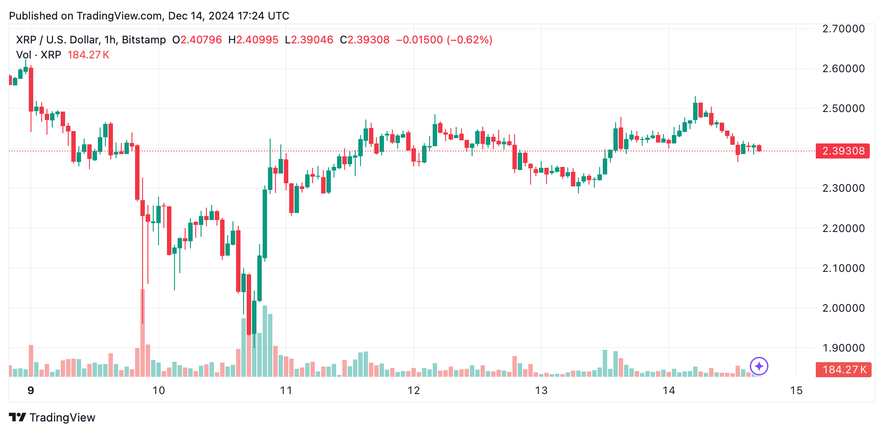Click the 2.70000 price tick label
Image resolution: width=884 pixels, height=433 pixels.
[843, 29]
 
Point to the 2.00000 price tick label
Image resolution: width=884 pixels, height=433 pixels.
[843, 308]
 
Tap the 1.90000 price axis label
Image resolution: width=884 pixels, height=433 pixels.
[843, 348]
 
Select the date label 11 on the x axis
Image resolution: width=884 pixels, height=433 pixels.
[286, 390]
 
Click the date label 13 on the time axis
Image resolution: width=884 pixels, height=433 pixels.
[541, 390]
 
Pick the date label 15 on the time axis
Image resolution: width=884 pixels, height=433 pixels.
[796, 390]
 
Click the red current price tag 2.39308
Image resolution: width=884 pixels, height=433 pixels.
[843, 151]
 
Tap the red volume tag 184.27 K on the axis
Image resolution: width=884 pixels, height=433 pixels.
[844, 370]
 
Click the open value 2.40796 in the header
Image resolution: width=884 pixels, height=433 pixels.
[201, 40]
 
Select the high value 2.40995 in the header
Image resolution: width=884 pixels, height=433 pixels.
[257, 40]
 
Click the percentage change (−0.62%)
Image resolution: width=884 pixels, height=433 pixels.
[469, 40]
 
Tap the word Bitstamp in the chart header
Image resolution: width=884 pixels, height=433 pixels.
[143, 40]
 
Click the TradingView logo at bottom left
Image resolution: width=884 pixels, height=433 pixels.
[52, 418]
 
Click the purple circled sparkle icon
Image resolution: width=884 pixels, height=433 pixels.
[759, 366]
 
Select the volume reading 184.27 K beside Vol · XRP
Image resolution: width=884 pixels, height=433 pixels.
[88, 55]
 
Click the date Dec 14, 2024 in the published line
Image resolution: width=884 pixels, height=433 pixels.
[201, 16]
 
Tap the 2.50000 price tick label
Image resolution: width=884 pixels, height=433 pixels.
[843, 108]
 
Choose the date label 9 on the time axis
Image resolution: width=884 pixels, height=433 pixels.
[31, 390]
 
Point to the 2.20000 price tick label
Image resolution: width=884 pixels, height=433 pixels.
[843, 228]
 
